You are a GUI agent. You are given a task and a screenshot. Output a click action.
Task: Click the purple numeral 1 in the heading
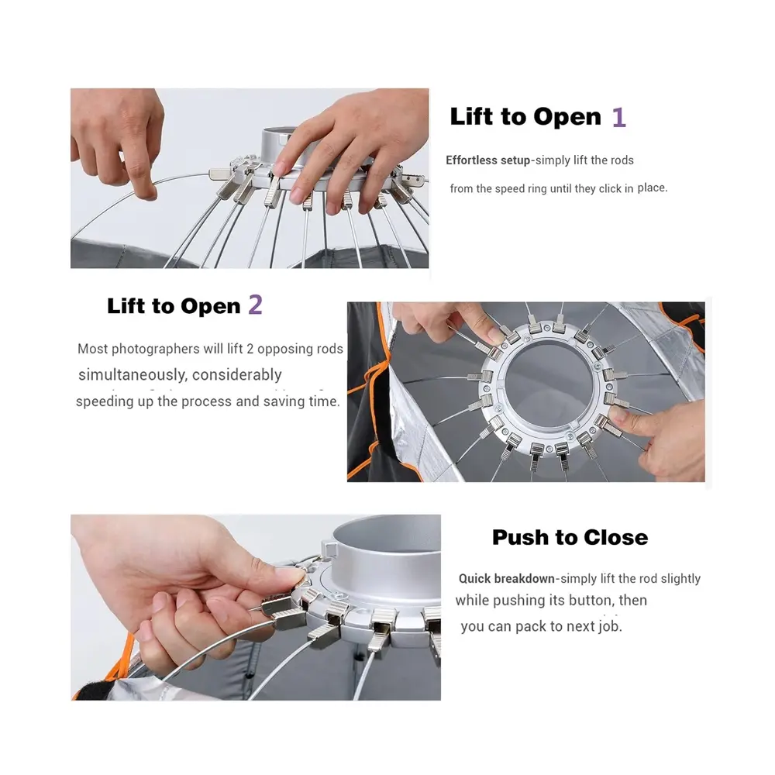(x=619, y=118)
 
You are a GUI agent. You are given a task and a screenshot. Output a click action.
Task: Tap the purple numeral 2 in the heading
(x=256, y=305)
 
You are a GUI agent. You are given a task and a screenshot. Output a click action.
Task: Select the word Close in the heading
(x=615, y=537)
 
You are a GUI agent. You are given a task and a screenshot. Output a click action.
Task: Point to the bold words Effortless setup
(x=487, y=160)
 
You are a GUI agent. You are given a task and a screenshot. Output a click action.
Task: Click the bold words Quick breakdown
(x=507, y=579)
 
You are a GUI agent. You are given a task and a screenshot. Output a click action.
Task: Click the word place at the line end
(x=653, y=188)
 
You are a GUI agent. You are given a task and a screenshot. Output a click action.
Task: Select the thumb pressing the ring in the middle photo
(x=624, y=415)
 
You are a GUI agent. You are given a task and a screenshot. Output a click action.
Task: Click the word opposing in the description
(x=285, y=350)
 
